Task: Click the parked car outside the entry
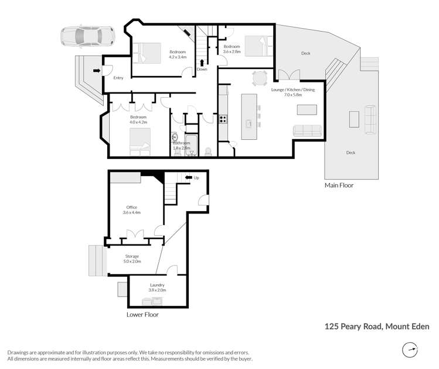87,36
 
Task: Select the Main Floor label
339,185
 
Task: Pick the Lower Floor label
142,314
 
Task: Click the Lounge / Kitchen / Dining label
292,91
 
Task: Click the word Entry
118,78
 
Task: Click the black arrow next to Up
189,177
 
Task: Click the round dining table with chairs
260,78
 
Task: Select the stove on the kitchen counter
223,118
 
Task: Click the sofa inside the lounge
307,130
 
